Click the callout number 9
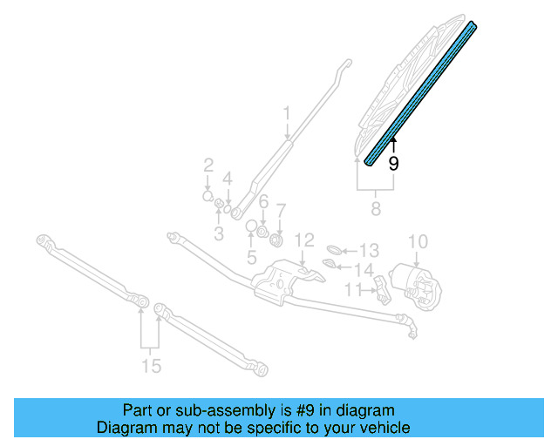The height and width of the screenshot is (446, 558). [x=393, y=163]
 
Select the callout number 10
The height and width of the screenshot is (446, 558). [x=418, y=240]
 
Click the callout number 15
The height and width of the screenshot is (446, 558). [x=151, y=366]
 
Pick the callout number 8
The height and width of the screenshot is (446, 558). [x=376, y=208]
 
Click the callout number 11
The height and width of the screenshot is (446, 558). [x=352, y=289]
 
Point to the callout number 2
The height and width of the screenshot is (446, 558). [x=208, y=165]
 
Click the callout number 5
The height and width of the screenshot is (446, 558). [x=251, y=257]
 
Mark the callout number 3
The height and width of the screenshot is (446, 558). [x=219, y=233]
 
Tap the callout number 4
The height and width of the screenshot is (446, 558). [x=228, y=179]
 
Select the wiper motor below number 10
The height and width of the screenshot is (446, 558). [x=419, y=284]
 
